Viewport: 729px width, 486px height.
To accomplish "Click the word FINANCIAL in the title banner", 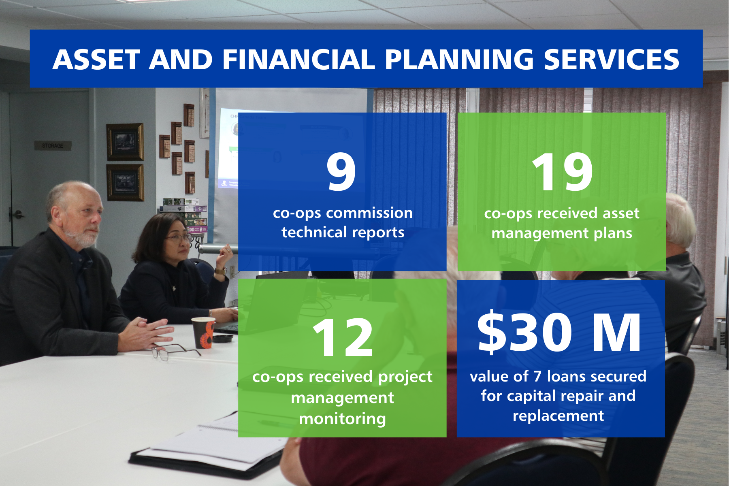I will [298, 60].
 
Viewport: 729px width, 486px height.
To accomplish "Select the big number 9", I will [341, 172].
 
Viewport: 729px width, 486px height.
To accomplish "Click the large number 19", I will [562, 173].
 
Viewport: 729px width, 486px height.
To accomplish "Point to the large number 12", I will [343, 338].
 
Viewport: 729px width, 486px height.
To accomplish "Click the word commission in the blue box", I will [369, 213].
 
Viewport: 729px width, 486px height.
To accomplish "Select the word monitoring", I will [342, 419].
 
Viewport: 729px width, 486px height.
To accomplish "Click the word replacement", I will [558, 416].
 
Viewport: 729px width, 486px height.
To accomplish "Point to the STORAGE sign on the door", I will [53, 145].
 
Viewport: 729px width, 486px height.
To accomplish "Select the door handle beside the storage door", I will [17, 215].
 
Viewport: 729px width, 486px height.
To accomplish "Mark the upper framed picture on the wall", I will [125, 142].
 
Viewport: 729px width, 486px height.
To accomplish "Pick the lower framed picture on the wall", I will [125, 182].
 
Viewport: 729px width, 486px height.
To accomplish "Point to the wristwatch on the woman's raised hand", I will [221, 271].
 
